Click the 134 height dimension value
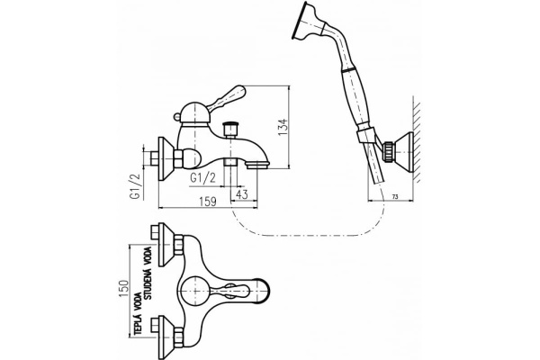pyautogui.click(x=283, y=127)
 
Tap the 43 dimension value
pyautogui.click(x=242, y=194)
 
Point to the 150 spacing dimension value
pyautogui.click(x=124, y=290)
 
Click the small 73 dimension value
pyautogui.click(x=395, y=197)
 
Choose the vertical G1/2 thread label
pyautogui.click(x=135, y=186)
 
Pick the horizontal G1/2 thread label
pyautogui.click(x=203, y=178)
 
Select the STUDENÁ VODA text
pyautogui.click(x=148, y=273)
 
